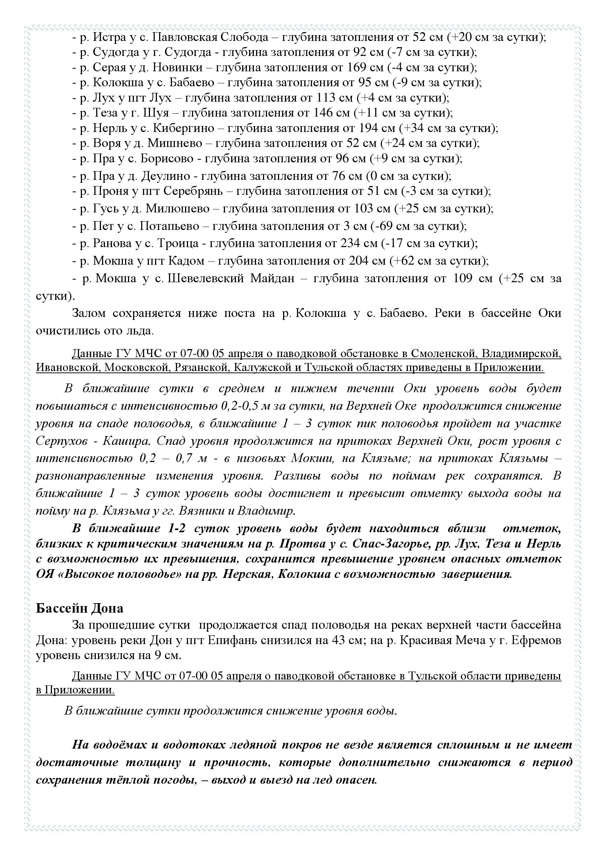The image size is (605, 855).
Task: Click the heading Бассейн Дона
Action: tap(79, 609)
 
